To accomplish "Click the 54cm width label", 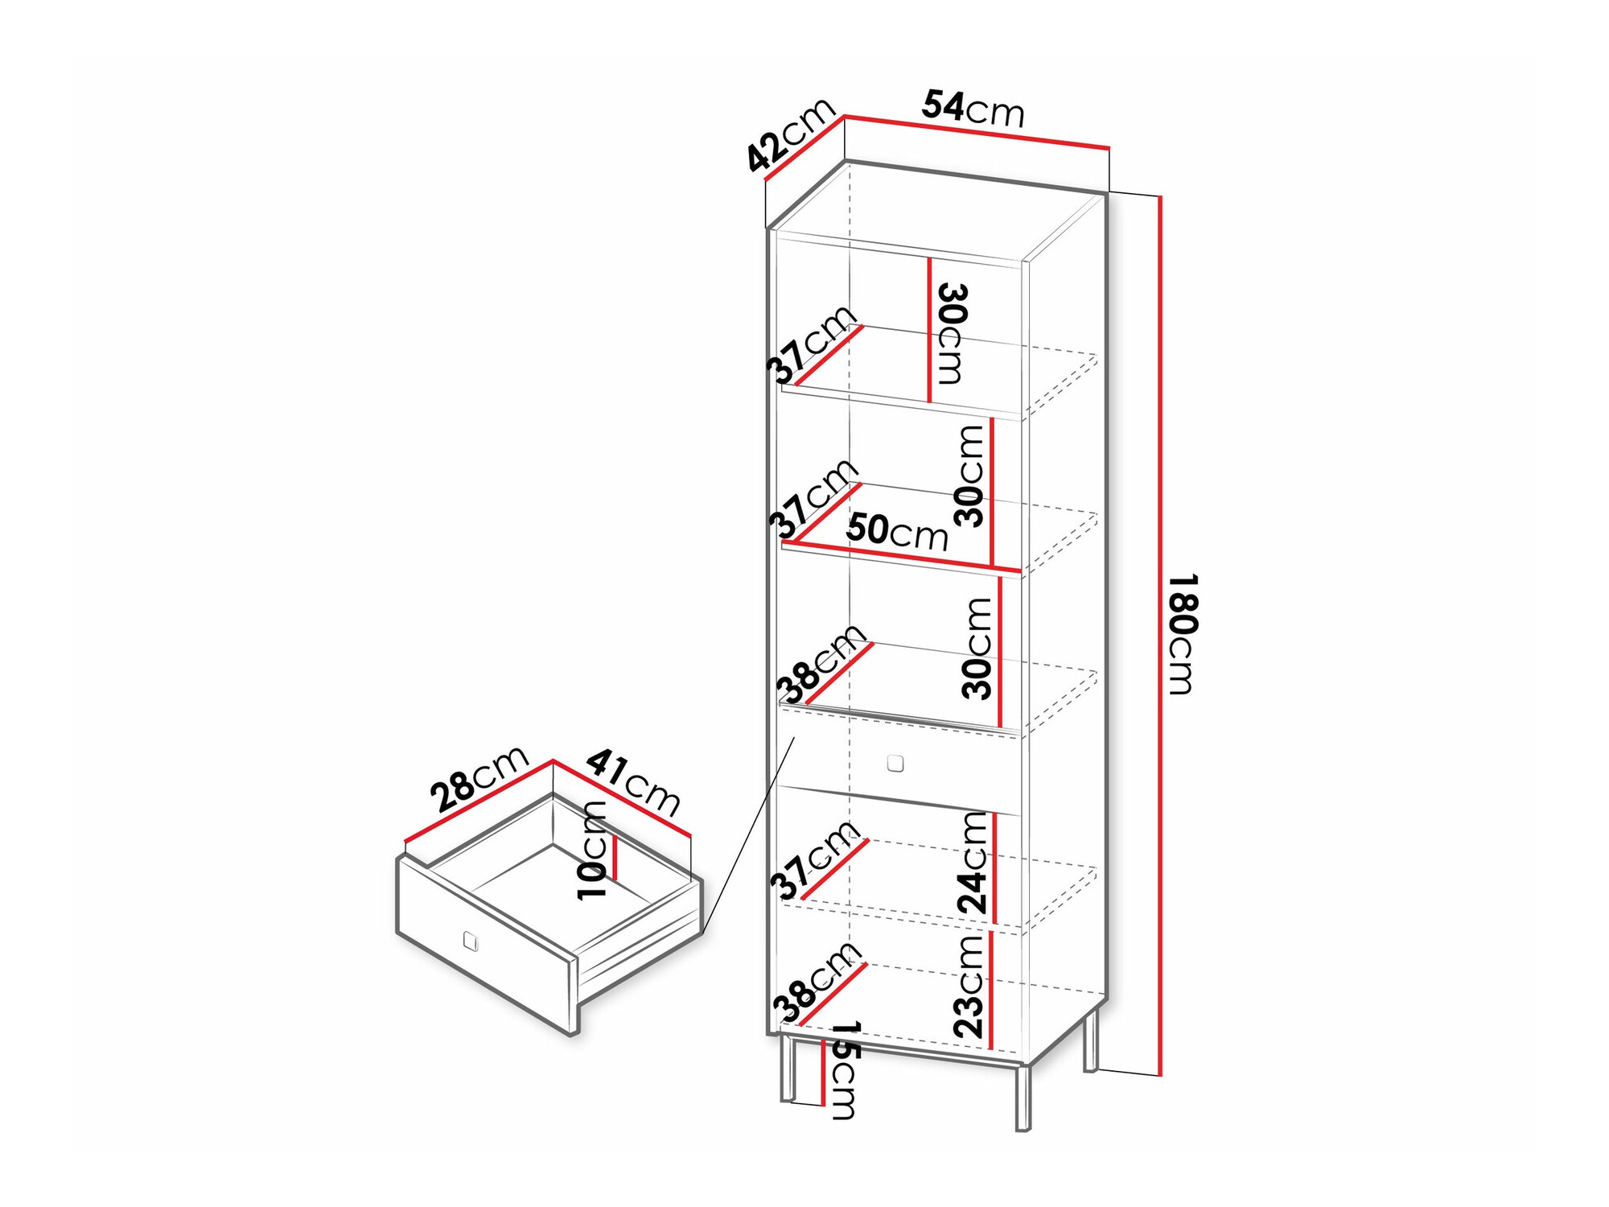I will click(973, 109).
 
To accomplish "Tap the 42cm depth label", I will click(791, 135).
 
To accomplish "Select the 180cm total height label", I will click(1183, 634).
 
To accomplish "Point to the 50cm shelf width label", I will click(897, 532).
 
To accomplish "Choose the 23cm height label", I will click(969, 986).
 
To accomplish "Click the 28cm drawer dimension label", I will click(479, 778).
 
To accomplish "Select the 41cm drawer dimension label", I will click(634, 782).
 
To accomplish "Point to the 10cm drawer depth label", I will click(592, 851).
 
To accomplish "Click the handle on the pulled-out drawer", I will click(471, 941).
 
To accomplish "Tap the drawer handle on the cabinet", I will click(895, 763).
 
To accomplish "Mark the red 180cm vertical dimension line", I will click(1160, 636).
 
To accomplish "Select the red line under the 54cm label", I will click(977, 133).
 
